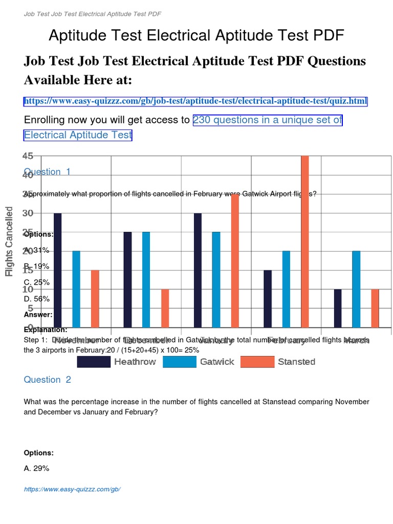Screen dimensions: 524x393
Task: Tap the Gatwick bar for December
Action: [146, 279]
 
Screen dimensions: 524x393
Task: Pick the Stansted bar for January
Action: [235, 260]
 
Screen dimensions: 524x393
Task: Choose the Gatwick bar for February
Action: [287, 289]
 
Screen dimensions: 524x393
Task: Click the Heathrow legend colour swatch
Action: [94, 362]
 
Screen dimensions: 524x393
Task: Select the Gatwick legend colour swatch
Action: [180, 362]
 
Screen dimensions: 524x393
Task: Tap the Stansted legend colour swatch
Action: [257, 362]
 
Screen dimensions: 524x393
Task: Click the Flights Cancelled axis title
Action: [9, 242]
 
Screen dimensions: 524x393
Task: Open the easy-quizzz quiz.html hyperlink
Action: [195, 101]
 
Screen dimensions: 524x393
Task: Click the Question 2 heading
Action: [48, 380]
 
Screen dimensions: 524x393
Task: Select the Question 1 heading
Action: [48, 172]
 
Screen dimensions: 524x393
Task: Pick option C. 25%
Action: [37, 282]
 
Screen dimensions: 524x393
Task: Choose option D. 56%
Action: [37, 299]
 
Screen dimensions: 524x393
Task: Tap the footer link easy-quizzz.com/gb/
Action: [72, 489]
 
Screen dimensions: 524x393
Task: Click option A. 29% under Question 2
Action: [37, 468]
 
